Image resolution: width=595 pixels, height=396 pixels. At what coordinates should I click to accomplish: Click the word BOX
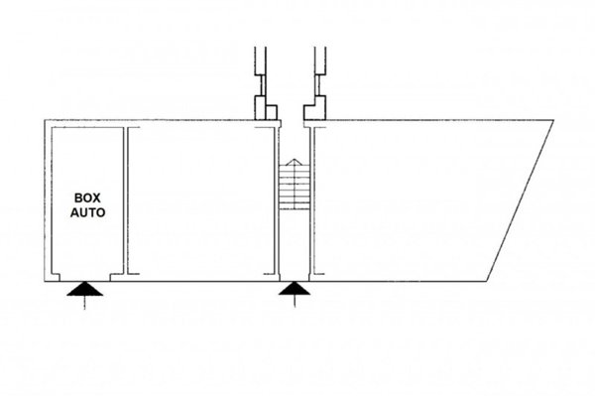click(x=87, y=198)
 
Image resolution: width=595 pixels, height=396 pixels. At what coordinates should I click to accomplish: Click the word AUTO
click(x=87, y=212)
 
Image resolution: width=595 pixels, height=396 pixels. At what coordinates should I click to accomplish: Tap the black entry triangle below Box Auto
click(x=84, y=290)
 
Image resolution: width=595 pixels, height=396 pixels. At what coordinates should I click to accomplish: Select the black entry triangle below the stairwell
click(x=295, y=289)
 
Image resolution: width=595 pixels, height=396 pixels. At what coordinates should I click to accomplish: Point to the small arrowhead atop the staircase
click(x=295, y=162)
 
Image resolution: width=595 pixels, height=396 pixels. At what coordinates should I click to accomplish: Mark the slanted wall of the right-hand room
click(x=520, y=200)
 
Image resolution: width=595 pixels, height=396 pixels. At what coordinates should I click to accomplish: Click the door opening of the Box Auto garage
click(x=84, y=278)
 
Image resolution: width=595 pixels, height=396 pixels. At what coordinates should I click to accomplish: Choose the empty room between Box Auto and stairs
click(x=201, y=200)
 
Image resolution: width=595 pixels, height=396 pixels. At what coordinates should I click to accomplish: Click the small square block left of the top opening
click(x=272, y=112)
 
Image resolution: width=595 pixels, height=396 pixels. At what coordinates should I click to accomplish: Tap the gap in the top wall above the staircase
click(x=293, y=123)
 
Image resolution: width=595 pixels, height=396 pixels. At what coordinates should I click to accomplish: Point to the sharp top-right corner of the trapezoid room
click(x=553, y=120)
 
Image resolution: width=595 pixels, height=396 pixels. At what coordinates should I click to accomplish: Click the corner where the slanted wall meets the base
click(x=487, y=281)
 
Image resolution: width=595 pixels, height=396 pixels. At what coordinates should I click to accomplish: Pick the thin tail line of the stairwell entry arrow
click(x=295, y=301)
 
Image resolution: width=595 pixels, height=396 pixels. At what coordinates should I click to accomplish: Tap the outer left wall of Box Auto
click(x=48, y=200)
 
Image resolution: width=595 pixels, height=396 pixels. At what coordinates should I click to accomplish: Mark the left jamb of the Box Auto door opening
click(x=56, y=277)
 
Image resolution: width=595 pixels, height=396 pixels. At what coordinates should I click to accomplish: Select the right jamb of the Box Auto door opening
click(x=115, y=277)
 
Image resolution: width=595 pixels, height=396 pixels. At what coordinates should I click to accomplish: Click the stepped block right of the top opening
click(x=315, y=108)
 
